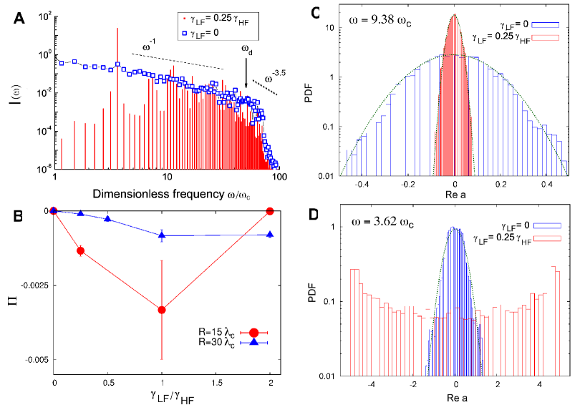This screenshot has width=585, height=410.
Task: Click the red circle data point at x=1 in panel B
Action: coord(162,310)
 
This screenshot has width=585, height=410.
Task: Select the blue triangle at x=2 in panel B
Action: coord(269,235)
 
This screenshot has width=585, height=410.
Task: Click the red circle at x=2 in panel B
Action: coord(269,211)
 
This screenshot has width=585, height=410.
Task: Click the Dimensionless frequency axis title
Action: coord(165,194)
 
